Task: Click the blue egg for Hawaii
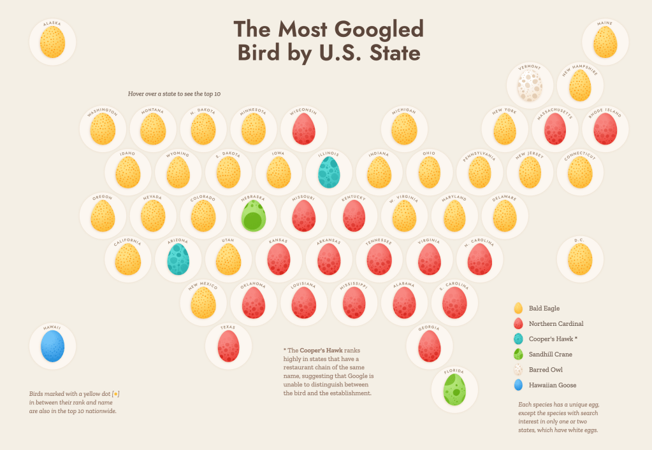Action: [x=52, y=348]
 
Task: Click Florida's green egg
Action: [x=454, y=390]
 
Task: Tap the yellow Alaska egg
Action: [x=52, y=43]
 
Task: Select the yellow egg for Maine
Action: [x=605, y=43]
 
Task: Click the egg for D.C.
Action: [x=579, y=259]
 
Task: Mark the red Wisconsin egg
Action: [x=303, y=129]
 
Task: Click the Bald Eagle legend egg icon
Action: [x=518, y=309]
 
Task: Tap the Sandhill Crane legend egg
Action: [x=518, y=355]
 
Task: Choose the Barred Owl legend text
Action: [x=547, y=370]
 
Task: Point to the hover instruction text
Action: [x=174, y=94]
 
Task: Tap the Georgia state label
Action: [x=429, y=328]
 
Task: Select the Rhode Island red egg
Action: [x=605, y=129]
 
